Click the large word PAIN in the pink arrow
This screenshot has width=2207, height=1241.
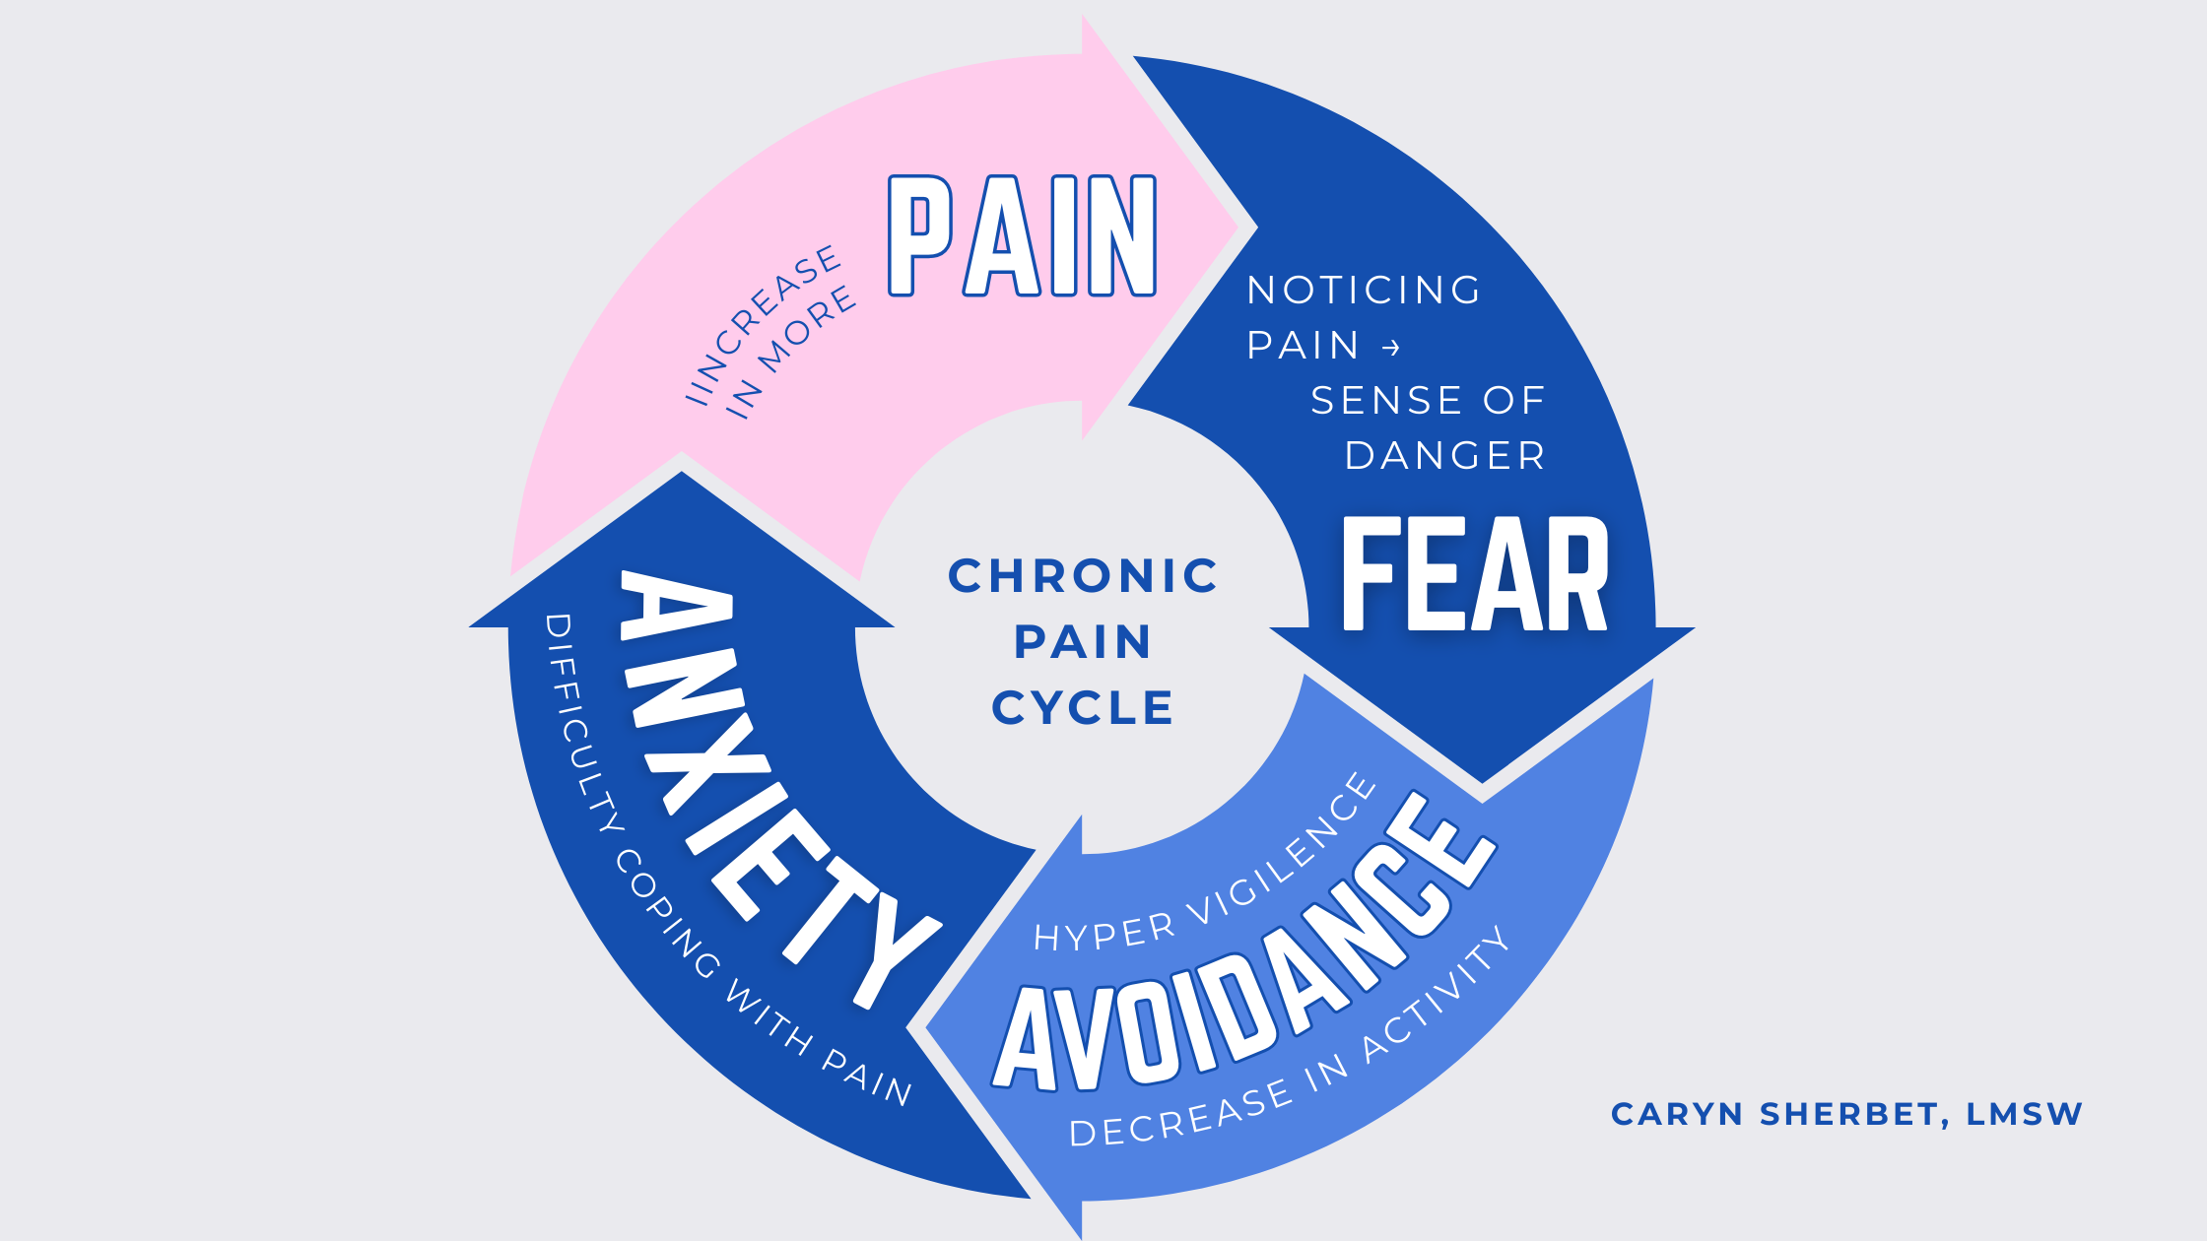pos(1022,236)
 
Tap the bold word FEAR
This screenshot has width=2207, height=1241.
pos(1475,575)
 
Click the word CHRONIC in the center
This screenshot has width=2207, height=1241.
pos(1083,576)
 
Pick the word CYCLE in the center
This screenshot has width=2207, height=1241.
pos(1083,708)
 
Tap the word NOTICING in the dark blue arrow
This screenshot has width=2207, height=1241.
pos(1364,291)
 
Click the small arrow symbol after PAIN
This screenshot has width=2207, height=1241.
pos(1391,348)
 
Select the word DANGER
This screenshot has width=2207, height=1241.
pos(1444,456)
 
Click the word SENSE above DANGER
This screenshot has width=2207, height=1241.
pos(1369,401)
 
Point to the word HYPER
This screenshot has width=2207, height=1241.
pos(1104,932)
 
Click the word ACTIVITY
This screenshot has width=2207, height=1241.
pos(1438,995)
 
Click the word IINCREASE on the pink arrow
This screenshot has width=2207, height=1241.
pos(764,324)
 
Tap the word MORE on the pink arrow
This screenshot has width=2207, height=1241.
pos(807,331)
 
